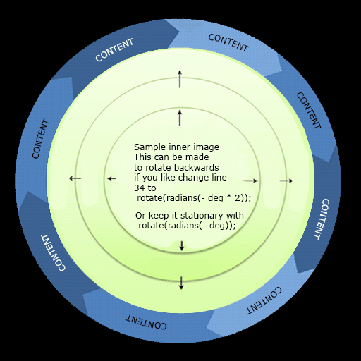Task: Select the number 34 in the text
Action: pos(139,188)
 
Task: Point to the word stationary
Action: pos(202,216)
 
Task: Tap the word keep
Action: pos(158,216)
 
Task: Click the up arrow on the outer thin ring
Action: pos(180,79)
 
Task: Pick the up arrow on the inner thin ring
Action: pos(180,118)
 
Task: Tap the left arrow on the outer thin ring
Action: pos(75,178)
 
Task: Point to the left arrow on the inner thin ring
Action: pos(111,179)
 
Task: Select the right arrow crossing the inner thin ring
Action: pos(250,180)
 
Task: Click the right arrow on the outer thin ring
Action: pos(286,180)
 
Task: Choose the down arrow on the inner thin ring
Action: pos(182,245)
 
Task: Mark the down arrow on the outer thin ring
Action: pos(181,283)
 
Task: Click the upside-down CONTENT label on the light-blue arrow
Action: pos(264,300)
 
